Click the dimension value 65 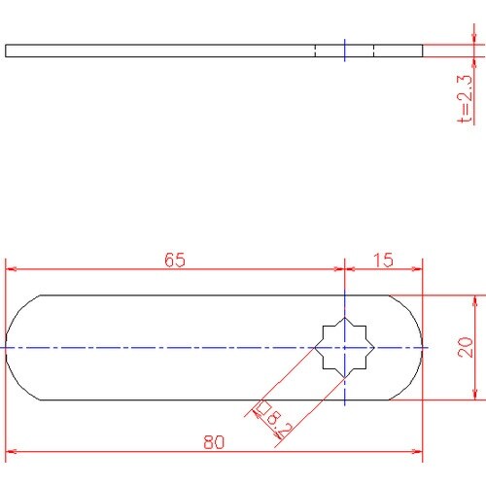[175, 260]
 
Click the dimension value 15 [383, 260]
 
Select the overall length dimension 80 [214, 442]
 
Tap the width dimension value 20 [466, 347]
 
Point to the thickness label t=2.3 [465, 99]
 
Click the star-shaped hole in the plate [345, 348]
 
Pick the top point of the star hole [345, 318]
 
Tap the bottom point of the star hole [345, 378]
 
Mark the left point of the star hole [315, 348]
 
